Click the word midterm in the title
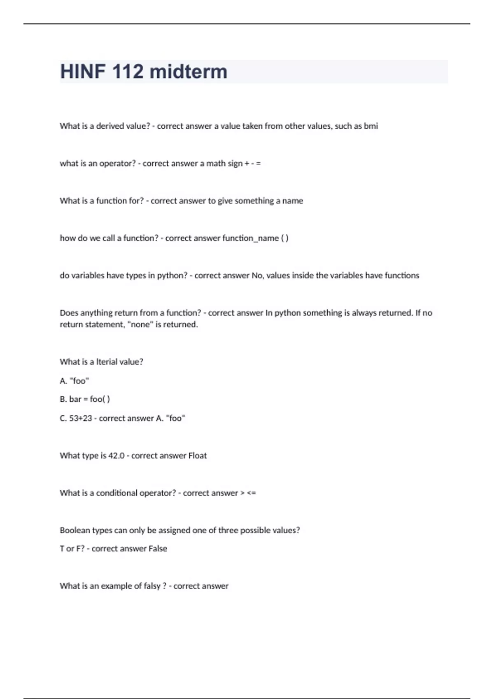188,72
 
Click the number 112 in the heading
128,72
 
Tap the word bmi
370,126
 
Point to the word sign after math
235,164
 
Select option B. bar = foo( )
85,399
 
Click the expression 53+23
81,418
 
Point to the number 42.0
116,456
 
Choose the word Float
198,456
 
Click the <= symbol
251,493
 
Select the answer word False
158,549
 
